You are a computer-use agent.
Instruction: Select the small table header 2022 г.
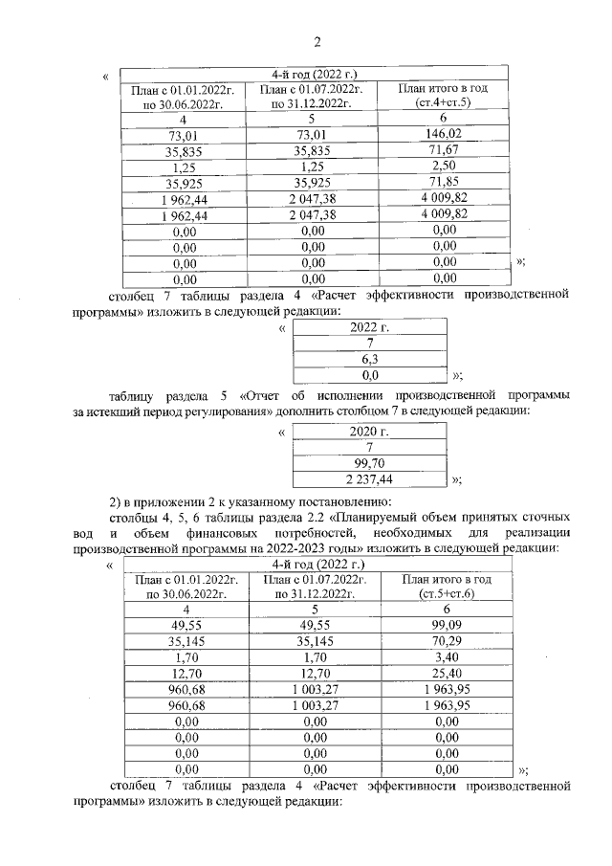coord(369,328)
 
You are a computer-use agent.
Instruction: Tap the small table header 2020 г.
coord(369,431)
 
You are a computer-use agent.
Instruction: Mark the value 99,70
coord(369,462)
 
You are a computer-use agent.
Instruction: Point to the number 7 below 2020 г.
coord(369,447)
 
